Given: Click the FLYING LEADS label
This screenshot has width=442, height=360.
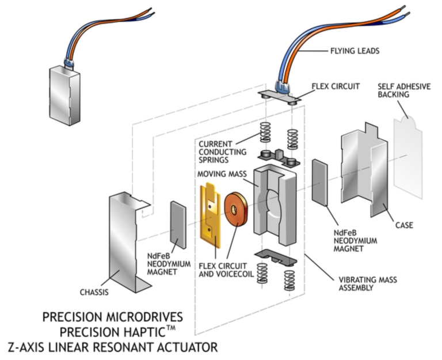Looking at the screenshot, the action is pyautogui.click(x=355, y=51).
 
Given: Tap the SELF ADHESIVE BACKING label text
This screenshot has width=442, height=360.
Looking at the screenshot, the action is pyautogui.click(x=404, y=90).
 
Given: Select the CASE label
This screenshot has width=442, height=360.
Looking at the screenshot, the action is pyautogui.click(x=404, y=225).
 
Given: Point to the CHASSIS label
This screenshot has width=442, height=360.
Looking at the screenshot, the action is pyautogui.click(x=94, y=292).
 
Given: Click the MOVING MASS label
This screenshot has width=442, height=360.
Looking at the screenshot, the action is pyautogui.click(x=222, y=174).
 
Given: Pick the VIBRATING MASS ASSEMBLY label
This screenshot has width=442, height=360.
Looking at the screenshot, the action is pyautogui.click(x=368, y=284).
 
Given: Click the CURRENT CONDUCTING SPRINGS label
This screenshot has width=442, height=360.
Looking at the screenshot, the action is pyautogui.click(x=222, y=152).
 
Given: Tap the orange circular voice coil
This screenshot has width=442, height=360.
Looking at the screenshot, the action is pyautogui.click(x=235, y=209).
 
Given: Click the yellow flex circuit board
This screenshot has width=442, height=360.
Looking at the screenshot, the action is pyautogui.click(x=210, y=216).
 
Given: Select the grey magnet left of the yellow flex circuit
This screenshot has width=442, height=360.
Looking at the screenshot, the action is pyautogui.click(x=178, y=225).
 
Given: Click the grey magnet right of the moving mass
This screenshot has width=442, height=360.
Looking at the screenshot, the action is pyautogui.click(x=319, y=182).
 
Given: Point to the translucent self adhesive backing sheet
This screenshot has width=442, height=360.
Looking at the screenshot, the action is pyautogui.click(x=408, y=158).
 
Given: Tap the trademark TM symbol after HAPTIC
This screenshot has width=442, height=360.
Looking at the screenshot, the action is pyautogui.click(x=170, y=328).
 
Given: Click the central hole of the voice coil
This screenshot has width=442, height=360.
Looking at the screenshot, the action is pyautogui.click(x=234, y=209).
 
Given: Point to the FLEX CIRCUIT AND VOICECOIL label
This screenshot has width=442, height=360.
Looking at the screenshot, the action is pyautogui.click(x=226, y=270).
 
